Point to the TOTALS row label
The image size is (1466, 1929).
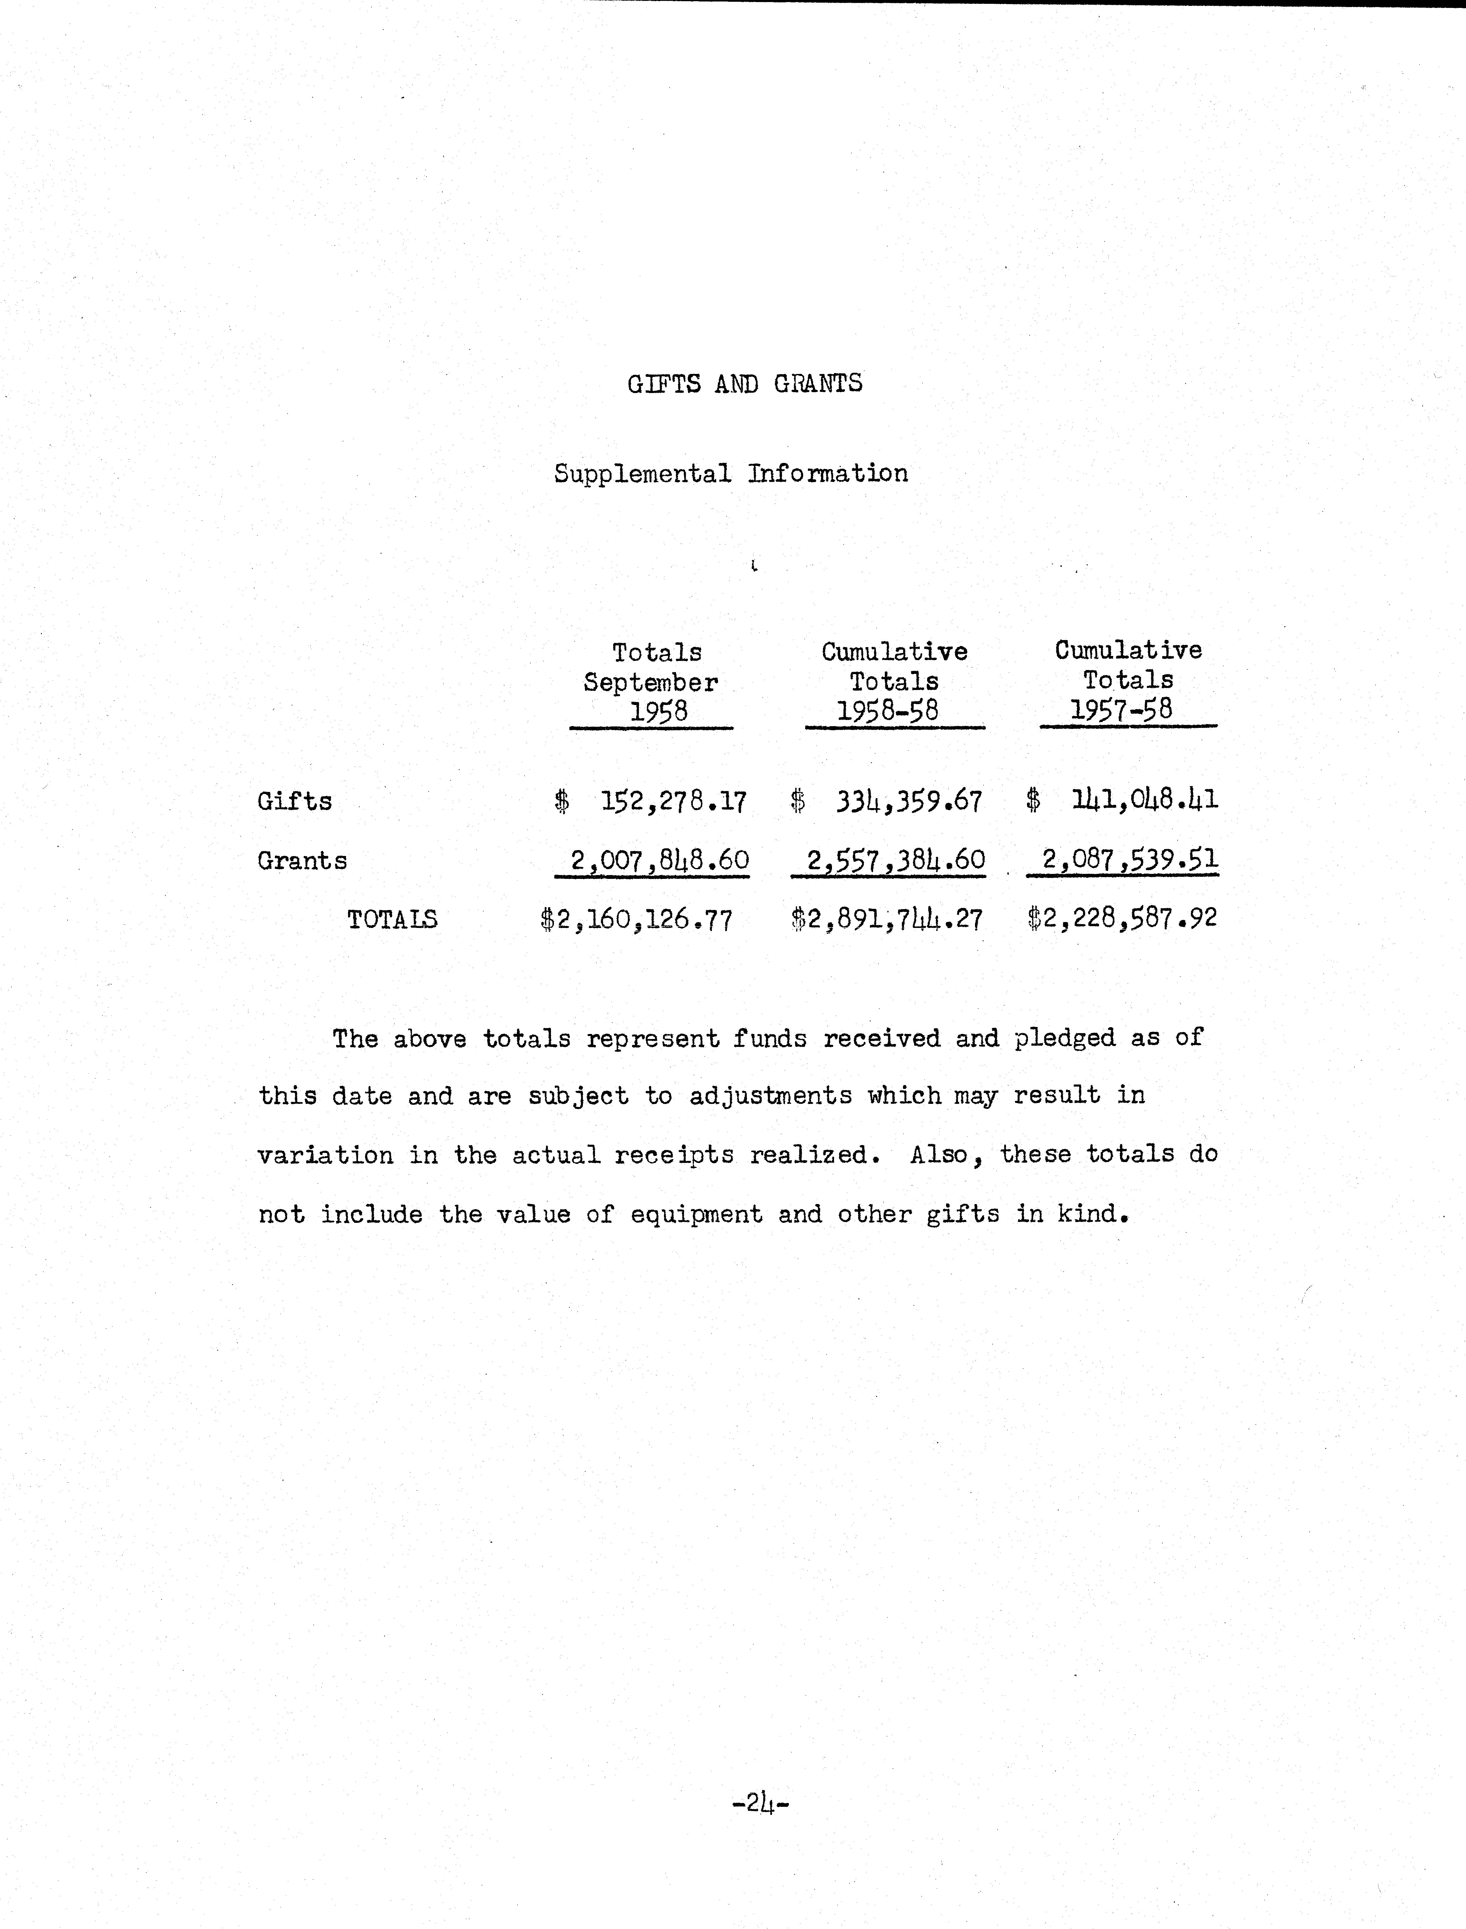click(392, 919)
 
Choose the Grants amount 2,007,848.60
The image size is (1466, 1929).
click(660, 861)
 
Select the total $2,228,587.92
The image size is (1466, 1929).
click(1122, 917)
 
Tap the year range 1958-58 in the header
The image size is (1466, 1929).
click(887, 711)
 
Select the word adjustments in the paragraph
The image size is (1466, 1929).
click(771, 1095)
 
